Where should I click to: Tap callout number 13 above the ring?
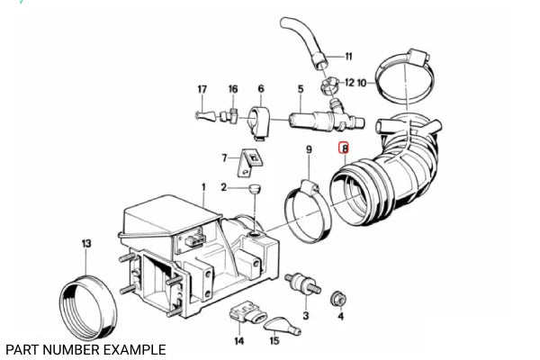point(86,244)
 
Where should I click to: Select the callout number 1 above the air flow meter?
point(203,187)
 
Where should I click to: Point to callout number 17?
point(202,89)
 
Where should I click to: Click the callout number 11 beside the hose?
point(349,56)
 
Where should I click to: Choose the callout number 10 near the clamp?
point(361,82)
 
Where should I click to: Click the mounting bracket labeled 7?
point(251,163)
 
